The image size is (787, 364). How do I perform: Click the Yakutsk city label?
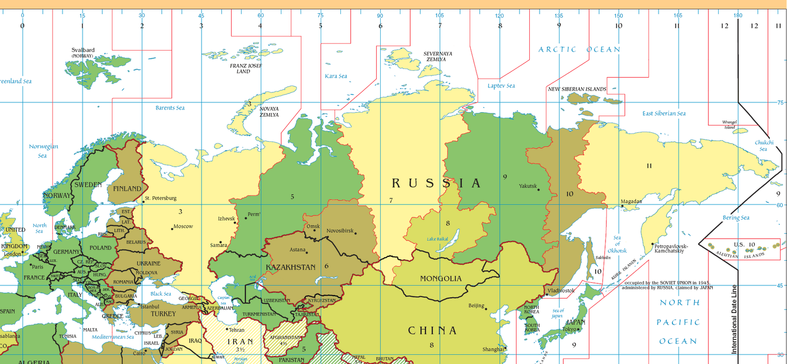(528, 186)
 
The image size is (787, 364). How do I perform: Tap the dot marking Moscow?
(172, 229)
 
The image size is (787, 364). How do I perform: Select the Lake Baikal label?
(437, 239)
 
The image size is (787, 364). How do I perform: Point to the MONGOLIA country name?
(441, 278)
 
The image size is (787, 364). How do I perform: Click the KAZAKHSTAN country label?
(291, 267)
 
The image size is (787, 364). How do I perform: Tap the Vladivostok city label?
(561, 291)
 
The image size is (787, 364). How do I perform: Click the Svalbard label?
(83, 50)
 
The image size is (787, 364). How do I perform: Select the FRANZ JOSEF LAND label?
(246, 68)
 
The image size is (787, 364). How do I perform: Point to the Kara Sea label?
(336, 76)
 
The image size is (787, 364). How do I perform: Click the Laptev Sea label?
(501, 86)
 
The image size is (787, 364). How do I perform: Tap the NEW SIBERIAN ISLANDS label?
(577, 90)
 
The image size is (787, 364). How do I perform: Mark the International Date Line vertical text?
(734, 320)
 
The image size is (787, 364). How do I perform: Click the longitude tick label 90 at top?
(380, 16)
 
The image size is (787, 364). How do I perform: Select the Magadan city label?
(631, 202)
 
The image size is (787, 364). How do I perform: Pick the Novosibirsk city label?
(340, 231)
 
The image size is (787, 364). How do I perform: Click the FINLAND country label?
(127, 189)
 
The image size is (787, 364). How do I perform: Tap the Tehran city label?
(237, 330)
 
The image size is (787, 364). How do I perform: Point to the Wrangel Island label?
(729, 124)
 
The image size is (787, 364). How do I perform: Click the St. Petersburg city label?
(160, 198)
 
